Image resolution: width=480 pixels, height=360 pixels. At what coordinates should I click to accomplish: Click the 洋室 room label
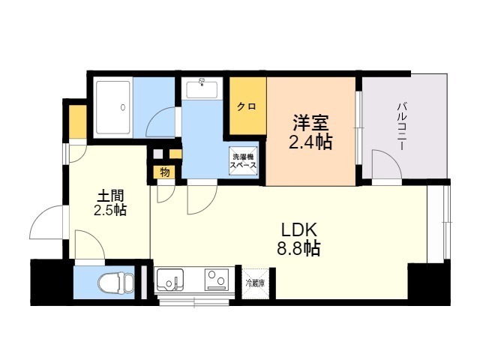(x=310, y=122)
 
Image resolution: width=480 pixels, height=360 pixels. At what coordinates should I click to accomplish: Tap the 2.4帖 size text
(x=310, y=141)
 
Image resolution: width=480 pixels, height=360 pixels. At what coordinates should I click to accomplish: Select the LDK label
(x=300, y=229)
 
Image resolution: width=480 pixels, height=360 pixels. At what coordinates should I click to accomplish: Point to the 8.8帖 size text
(x=300, y=248)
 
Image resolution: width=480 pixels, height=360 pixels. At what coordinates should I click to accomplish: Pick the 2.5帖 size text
(x=109, y=210)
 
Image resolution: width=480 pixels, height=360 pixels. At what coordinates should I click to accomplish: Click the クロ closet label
(x=247, y=106)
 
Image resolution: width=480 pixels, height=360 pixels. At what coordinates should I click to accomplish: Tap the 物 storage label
(x=164, y=172)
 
